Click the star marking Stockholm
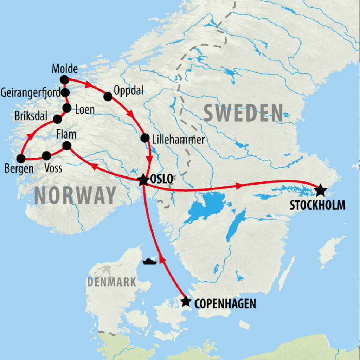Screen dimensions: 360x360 point(320,190)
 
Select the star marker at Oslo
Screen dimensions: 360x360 point(143,180)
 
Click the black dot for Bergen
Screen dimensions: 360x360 point(21,159)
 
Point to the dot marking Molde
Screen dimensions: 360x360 point(64,80)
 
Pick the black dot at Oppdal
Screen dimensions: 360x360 point(108,96)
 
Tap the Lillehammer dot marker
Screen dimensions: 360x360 point(145,137)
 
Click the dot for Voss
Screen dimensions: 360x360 point(46,155)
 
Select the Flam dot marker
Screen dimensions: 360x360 point(66,146)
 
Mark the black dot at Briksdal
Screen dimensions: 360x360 point(57,119)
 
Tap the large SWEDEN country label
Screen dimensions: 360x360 point(243,113)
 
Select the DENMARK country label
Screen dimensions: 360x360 point(112,282)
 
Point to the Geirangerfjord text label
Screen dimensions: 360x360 point(30,93)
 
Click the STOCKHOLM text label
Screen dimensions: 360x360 point(317,205)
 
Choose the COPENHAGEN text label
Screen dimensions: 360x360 point(225,303)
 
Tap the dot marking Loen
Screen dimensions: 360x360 point(67,108)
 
